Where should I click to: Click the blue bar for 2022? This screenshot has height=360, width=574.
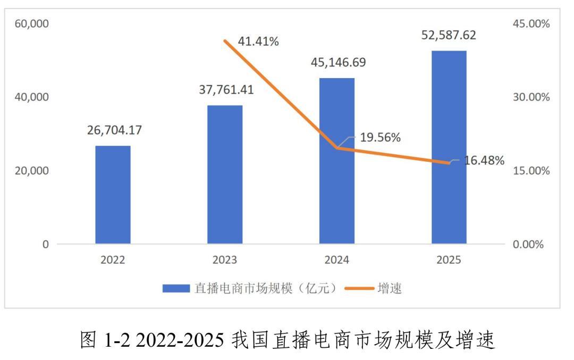point(113,195)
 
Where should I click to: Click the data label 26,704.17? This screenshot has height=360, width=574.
point(115,130)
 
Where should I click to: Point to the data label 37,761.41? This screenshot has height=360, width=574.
point(226,89)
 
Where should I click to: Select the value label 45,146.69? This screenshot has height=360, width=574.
point(339,62)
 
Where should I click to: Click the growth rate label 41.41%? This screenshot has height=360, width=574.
point(258,41)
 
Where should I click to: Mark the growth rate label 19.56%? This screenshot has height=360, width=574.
point(381,138)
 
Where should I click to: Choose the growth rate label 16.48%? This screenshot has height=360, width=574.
point(484,160)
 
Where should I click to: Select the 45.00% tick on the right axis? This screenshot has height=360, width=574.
point(532,24)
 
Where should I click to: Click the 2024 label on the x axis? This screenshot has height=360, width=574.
point(337,261)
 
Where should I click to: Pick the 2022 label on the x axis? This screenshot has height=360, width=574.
point(113,261)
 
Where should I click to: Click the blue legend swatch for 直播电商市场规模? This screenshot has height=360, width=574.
point(176,289)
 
